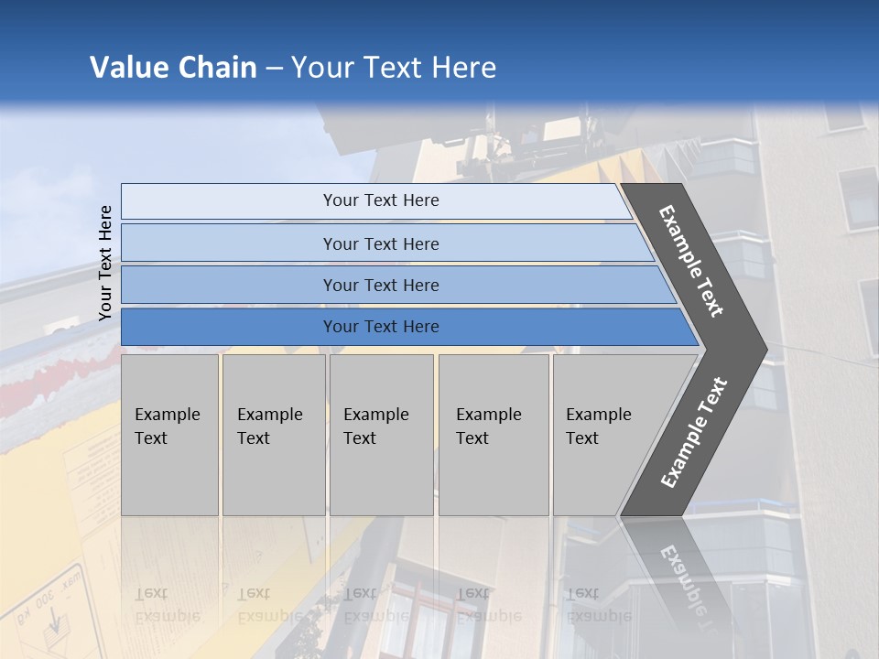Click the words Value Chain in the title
tap(173, 68)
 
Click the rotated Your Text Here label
tap(105, 263)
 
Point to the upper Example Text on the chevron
tap(691, 261)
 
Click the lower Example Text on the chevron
tap(694, 432)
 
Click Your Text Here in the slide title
tap(394, 68)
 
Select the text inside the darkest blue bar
tap(381, 327)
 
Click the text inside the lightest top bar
tap(381, 200)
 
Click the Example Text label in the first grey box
tap(167, 427)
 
